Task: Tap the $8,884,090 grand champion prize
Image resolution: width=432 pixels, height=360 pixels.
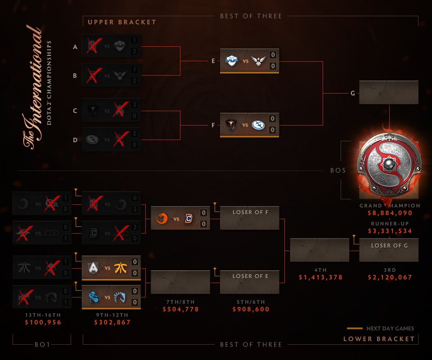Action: click(x=390, y=213)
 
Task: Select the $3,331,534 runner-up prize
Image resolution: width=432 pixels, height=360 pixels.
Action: click(x=390, y=231)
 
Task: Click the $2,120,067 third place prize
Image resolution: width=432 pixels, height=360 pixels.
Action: click(x=390, y=277)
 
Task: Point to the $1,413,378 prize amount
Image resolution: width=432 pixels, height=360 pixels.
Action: click(x=320, y=277)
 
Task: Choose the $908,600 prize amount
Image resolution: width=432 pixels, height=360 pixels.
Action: click(x=251, y=309)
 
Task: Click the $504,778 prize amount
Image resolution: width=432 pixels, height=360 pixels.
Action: click(x=181, y=309)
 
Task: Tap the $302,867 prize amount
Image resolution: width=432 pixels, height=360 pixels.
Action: click(x=112, y=322)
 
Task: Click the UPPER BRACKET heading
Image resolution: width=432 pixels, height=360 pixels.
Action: click(x=122, y=22)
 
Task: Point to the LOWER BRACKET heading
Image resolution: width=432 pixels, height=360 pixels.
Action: click(x=379, y=339)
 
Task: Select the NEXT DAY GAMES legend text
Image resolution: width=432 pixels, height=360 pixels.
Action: click(x=391, y=328)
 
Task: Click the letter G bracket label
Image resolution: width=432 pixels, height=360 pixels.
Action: click(x=352, y=93)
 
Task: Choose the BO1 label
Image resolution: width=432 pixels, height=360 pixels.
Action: click(x=42, y=345)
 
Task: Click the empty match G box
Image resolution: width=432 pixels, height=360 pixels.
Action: click(x=389, y=93)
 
